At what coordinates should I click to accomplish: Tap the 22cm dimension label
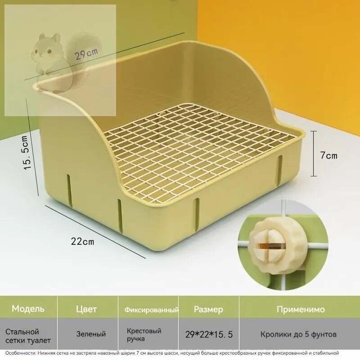(83, 242)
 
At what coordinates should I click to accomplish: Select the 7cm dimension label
(329, 156)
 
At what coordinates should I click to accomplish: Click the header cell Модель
(28, 309)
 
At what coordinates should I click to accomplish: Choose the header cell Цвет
(86, 309)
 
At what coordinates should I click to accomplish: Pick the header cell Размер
(208, 310)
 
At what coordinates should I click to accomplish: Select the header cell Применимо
(301, 309)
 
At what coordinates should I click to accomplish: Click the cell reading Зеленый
(91, 334)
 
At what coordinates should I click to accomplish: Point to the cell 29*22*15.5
(209, 335)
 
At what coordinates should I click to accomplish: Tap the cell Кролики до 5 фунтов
(299, 334)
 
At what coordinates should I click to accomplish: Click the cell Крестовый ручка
(144, 335)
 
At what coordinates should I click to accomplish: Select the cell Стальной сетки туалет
(28, 336)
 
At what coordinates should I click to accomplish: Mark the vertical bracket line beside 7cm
(314, 153)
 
